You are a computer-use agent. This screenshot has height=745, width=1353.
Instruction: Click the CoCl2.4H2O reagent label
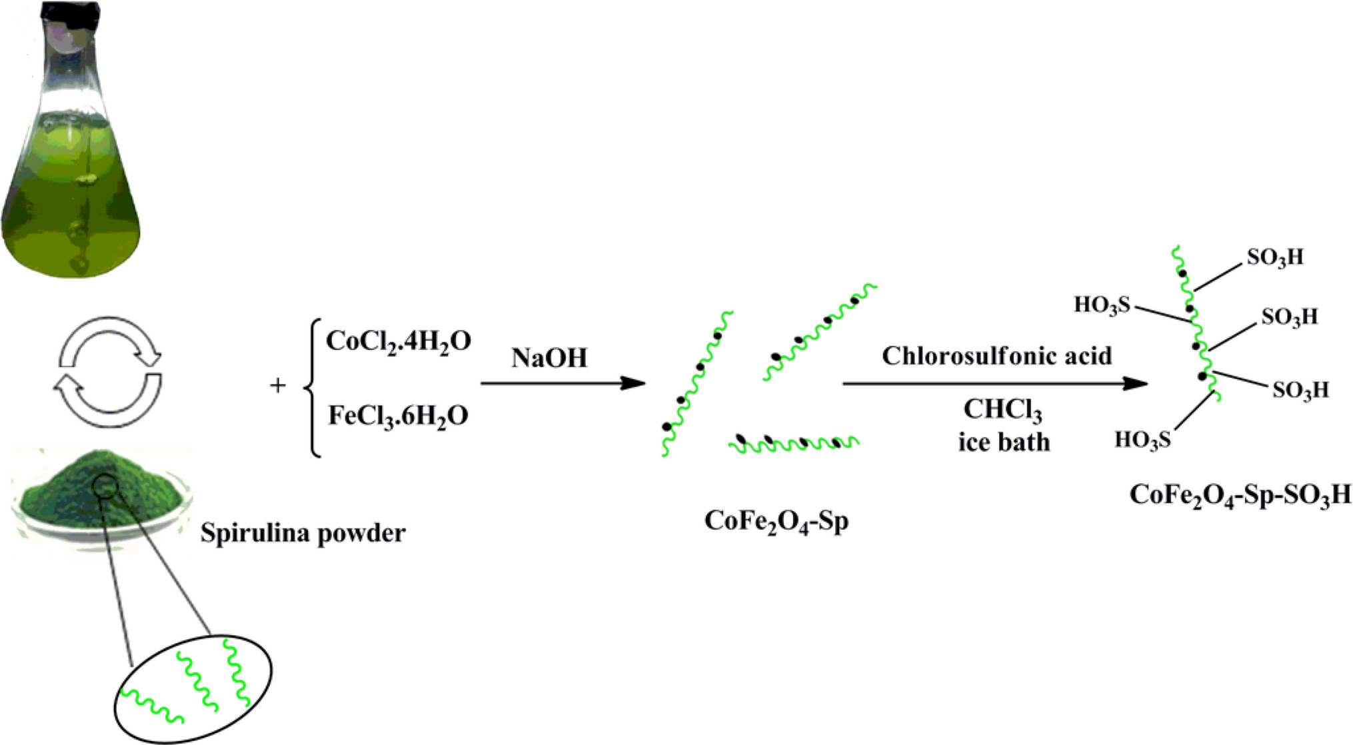click(x=399, y=342)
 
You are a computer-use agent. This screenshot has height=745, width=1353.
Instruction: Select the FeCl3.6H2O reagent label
click(x=399, y=416)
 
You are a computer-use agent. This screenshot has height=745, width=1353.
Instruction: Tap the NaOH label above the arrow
click(x=549, y=359)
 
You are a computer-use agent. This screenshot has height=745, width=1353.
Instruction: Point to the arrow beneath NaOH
click(x=563, y=383)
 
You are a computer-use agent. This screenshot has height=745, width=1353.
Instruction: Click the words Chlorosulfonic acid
click(x=996, y=356)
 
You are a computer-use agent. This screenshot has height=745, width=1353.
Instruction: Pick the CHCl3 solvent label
click(x=1002, y=410)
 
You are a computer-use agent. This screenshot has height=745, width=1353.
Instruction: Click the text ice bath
click(x=1004, y=442)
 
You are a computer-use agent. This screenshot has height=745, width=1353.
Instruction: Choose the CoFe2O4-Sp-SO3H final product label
click(x=1240, y=495)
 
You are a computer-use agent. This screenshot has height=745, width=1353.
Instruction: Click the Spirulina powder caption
click(x=303, y=533)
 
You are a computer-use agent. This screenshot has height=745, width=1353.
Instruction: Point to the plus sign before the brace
click(x=277, y=385)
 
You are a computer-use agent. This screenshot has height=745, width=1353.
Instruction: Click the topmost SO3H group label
click(x=1274, y=258)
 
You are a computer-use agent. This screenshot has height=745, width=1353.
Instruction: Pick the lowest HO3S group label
click(x=1142, y=440)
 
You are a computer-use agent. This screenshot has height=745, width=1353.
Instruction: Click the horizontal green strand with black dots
click(x=793, y=442)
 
